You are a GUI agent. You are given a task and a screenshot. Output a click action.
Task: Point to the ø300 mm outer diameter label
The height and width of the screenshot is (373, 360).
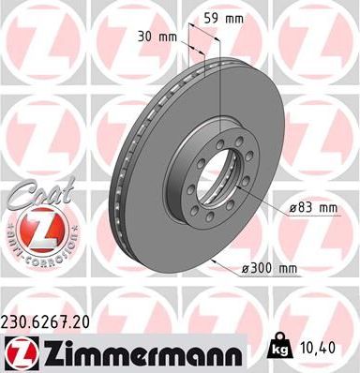(269, 268)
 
